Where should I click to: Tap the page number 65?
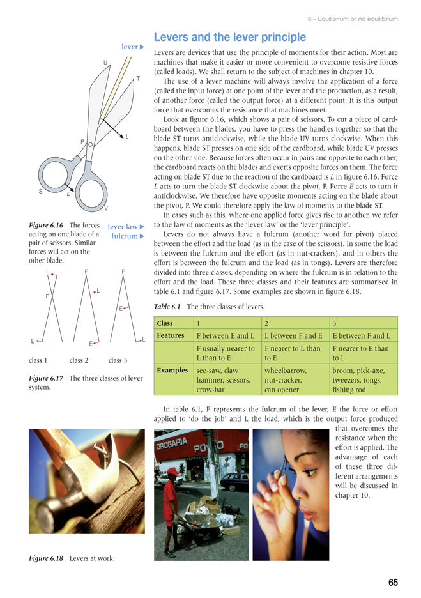point(392,582)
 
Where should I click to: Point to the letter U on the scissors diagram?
point(105,62)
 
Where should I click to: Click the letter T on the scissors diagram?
point(138,79)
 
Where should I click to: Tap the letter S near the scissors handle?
point(40,191)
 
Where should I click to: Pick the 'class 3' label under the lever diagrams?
point(118,360)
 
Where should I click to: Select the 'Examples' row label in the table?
point(172,370)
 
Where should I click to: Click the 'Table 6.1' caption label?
point(168,307)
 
